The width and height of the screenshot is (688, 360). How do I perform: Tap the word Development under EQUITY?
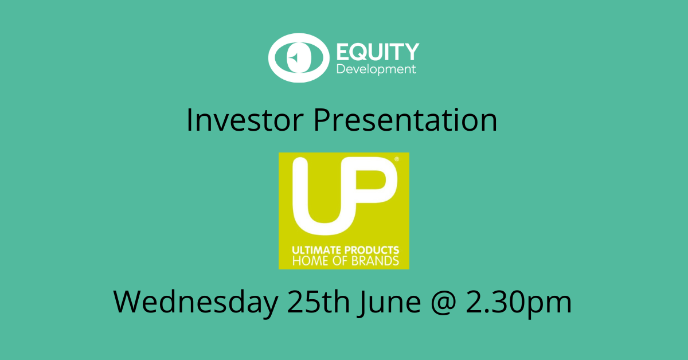click(x=376, y=69)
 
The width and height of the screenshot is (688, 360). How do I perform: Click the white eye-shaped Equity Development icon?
click(x=299, y=58)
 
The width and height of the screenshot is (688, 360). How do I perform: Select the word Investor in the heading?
click(x=245, y=120)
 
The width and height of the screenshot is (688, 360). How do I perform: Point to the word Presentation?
click(x=405, y=120)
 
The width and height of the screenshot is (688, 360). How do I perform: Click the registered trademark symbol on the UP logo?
click(x=397, y=159)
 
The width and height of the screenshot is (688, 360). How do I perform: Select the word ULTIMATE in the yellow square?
click(x=316, y=251)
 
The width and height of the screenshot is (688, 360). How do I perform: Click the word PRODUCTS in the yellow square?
click(x=372, y=251)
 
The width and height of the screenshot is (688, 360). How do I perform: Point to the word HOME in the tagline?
click(x=310, y=261)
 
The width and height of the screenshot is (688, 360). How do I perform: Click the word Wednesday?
click(x=196, y=302)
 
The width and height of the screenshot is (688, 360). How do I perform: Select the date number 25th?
click(x=319, y=302)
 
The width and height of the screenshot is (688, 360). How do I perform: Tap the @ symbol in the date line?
click(x=444, y=303)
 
